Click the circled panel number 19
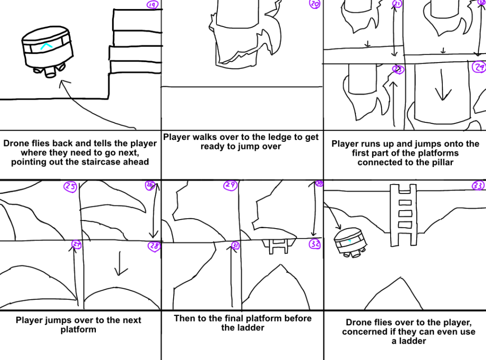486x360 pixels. click(152, 5)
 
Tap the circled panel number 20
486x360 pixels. click(315, 4)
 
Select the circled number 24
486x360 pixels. click(479, 67)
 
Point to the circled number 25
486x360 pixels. click(70, 187)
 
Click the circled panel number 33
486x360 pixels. click(478, 185)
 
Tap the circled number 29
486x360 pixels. click(231, 186)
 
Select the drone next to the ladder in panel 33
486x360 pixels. click(349, 242)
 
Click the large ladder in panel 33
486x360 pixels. click(403, 214)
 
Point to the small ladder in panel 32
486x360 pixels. click(276, 246)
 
